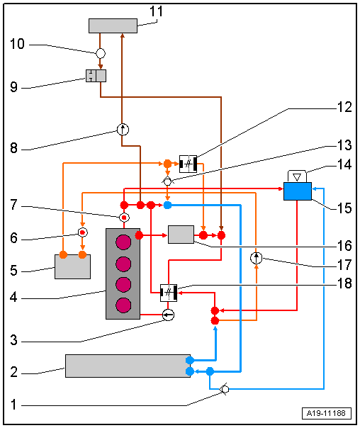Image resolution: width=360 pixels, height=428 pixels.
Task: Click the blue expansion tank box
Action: [298, 191]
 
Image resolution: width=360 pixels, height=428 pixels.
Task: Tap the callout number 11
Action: [157, 11]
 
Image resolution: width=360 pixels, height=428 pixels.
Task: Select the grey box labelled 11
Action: [113, 26]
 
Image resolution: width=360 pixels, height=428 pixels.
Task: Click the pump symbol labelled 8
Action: [123, 130]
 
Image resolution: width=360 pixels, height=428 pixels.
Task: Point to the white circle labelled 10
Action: [101, 53]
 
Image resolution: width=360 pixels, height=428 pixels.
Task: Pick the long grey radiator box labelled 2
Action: [128, 366]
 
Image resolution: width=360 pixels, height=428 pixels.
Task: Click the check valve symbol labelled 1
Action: [225, 390]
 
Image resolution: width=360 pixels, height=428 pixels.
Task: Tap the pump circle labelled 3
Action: [168, 315]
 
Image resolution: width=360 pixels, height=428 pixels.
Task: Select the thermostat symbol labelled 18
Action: [169, 293]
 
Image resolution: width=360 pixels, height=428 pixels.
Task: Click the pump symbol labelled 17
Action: [256, 258]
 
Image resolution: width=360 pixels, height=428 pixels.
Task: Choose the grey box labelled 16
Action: [181, 235]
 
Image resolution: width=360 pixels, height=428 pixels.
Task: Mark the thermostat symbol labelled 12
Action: [188, 164]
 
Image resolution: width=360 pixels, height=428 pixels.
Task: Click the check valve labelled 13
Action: [167, 181]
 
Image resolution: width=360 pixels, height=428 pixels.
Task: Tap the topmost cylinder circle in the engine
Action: [123, 242]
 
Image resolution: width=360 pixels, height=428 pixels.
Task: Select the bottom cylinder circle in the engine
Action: [123, 305]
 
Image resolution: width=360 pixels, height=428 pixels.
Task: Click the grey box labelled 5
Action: [72, 266]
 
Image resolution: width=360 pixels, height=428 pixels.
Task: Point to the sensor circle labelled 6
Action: [83, 232]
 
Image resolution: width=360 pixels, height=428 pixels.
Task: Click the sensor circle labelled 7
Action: [124, 218]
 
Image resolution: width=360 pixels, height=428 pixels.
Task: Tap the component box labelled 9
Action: [96, 76]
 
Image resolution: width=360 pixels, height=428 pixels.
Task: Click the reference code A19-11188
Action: [327, 413]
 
